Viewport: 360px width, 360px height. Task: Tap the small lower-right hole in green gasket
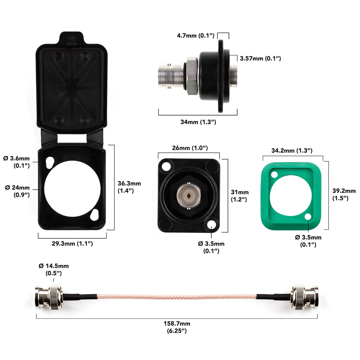click(x=308, y=217)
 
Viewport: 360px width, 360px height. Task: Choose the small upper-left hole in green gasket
click(x=274, y=175)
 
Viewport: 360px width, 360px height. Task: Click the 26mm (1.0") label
click(x=189, y=148)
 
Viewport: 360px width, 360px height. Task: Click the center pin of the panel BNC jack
click(x=189, y=196)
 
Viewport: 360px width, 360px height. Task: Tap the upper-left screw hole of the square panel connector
click(x=166, y=167)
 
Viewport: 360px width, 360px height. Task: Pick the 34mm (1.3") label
click(x=198, y=122)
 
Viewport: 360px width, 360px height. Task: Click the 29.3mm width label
click(x=72, y=244)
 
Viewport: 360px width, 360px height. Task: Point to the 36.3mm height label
click(x=129, y=187)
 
